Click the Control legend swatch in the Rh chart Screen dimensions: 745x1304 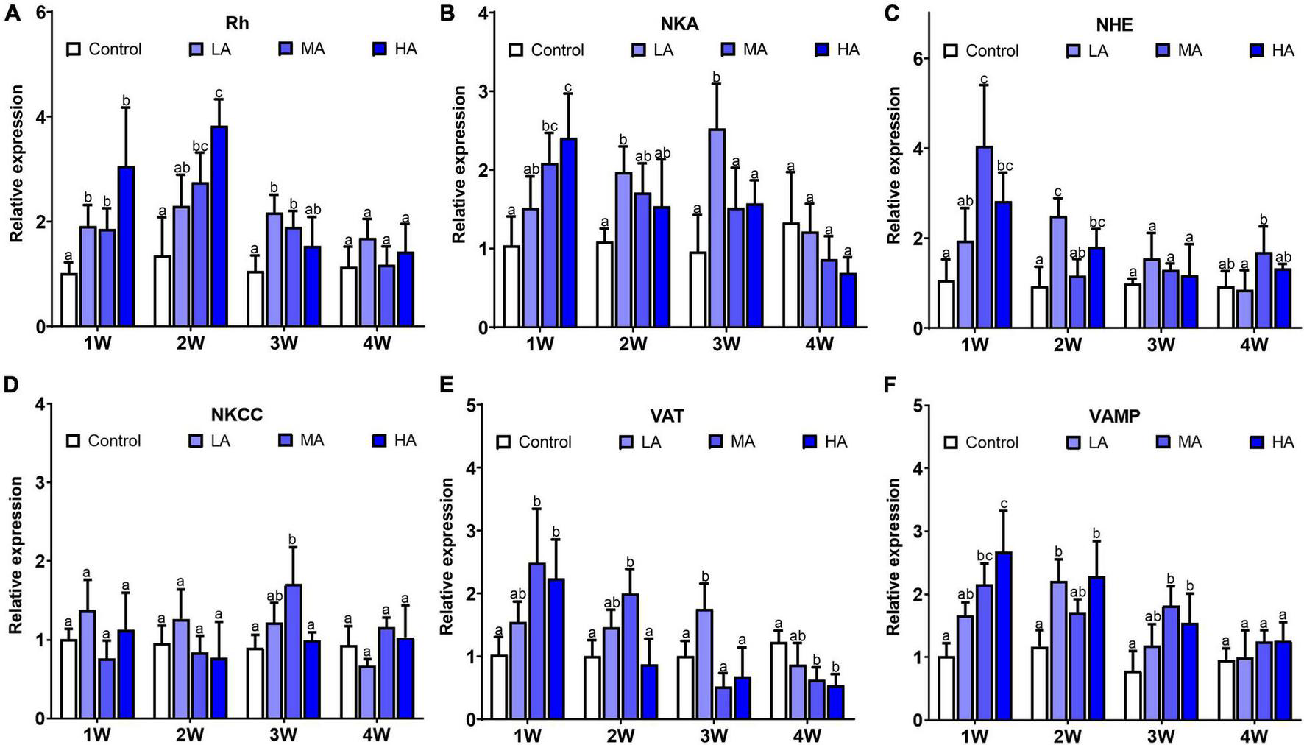tap(74, 49)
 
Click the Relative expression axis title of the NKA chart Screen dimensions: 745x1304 tap(458, 165)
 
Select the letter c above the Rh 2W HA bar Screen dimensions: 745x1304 tap(219, 93)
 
